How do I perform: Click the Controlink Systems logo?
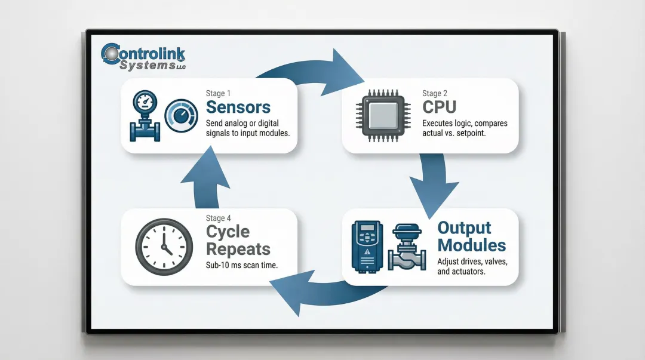pyautogui.click(x=143, y=57)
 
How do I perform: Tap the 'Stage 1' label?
pyautogui.click(x=216, y=94)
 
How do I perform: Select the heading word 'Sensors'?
pyautogui.click(x=238, y=108)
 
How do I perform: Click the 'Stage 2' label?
pyautogui.click(x=435, y=93)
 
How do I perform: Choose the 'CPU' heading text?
pyautogui.click(x=439, y=107)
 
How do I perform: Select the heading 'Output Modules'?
pyautogui.click(x=471, y=236)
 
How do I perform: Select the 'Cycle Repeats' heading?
pyautogui.click(x=238, y=240)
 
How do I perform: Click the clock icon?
pyautogui.click(x=164, y=246)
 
